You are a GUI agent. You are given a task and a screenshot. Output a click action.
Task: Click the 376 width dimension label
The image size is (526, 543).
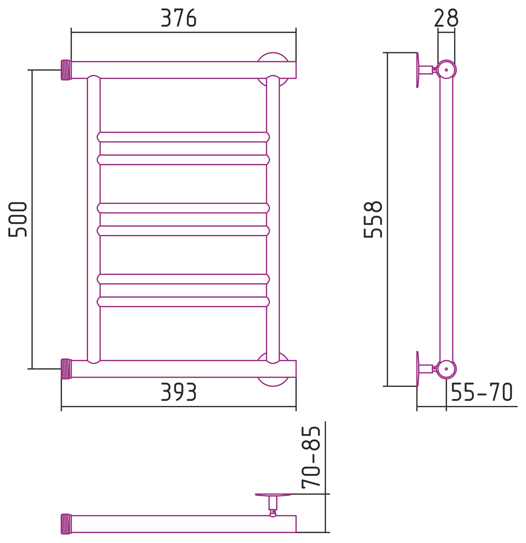point(179,18)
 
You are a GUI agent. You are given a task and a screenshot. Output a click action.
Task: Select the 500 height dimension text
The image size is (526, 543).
point(18,219)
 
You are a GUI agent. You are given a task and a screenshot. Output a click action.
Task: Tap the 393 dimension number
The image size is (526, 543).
point(179,392)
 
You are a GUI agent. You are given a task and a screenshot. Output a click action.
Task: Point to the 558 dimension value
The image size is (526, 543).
point(373,219)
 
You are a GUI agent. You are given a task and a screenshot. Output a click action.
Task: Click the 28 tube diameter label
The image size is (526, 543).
point(446,18)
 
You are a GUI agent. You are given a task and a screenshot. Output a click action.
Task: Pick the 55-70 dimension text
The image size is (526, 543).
point(482,392)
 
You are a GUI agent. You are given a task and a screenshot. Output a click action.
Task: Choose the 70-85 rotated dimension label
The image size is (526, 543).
point(311,457)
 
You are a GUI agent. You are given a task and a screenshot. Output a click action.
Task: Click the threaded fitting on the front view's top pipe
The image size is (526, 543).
point(66,70)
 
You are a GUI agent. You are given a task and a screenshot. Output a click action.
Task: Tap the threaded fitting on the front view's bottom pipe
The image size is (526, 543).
point(66,369)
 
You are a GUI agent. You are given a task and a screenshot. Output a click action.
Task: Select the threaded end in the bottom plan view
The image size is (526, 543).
point(66,524)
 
